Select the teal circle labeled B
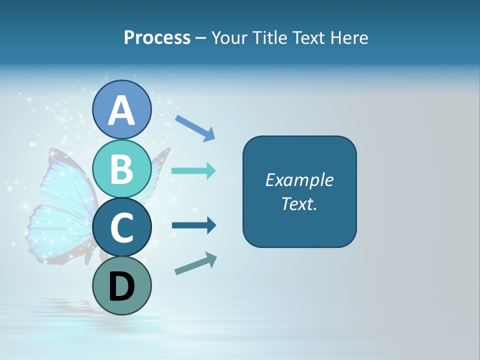click(121, 169)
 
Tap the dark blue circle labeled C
click(121, 228)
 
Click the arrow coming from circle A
click(195, 127)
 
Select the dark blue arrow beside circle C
click(194, 226)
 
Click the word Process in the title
click(157, 38)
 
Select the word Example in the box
click(299, 180)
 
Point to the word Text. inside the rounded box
click(299, 203)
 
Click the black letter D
click(121, 288)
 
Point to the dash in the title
click(200, 38)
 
